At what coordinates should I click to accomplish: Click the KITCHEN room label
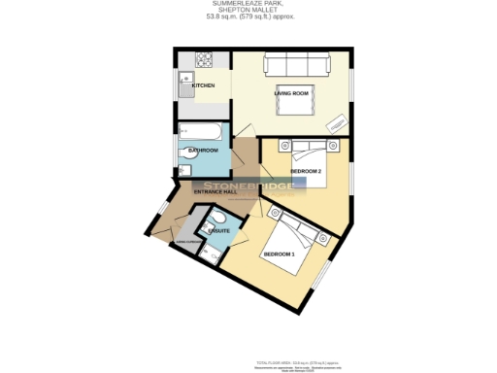pyautogui.click(x=203, y=86)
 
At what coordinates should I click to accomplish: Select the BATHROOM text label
pyautogui.click(x=203, y=151)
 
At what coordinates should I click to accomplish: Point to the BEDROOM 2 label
pyautogui.click(x=306, y=171)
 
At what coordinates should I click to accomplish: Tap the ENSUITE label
pyautogui.click(x=219, y=231)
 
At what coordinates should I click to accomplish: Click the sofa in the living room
pyautogui.click(x=291, y=66)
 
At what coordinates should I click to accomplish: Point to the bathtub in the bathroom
pyautogui.click(x=201, y=131)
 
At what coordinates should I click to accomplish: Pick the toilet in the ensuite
pyautogui.click(x=215, y=220)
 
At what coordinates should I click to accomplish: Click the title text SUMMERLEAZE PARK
pyautogui.click(x=248, y=4)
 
